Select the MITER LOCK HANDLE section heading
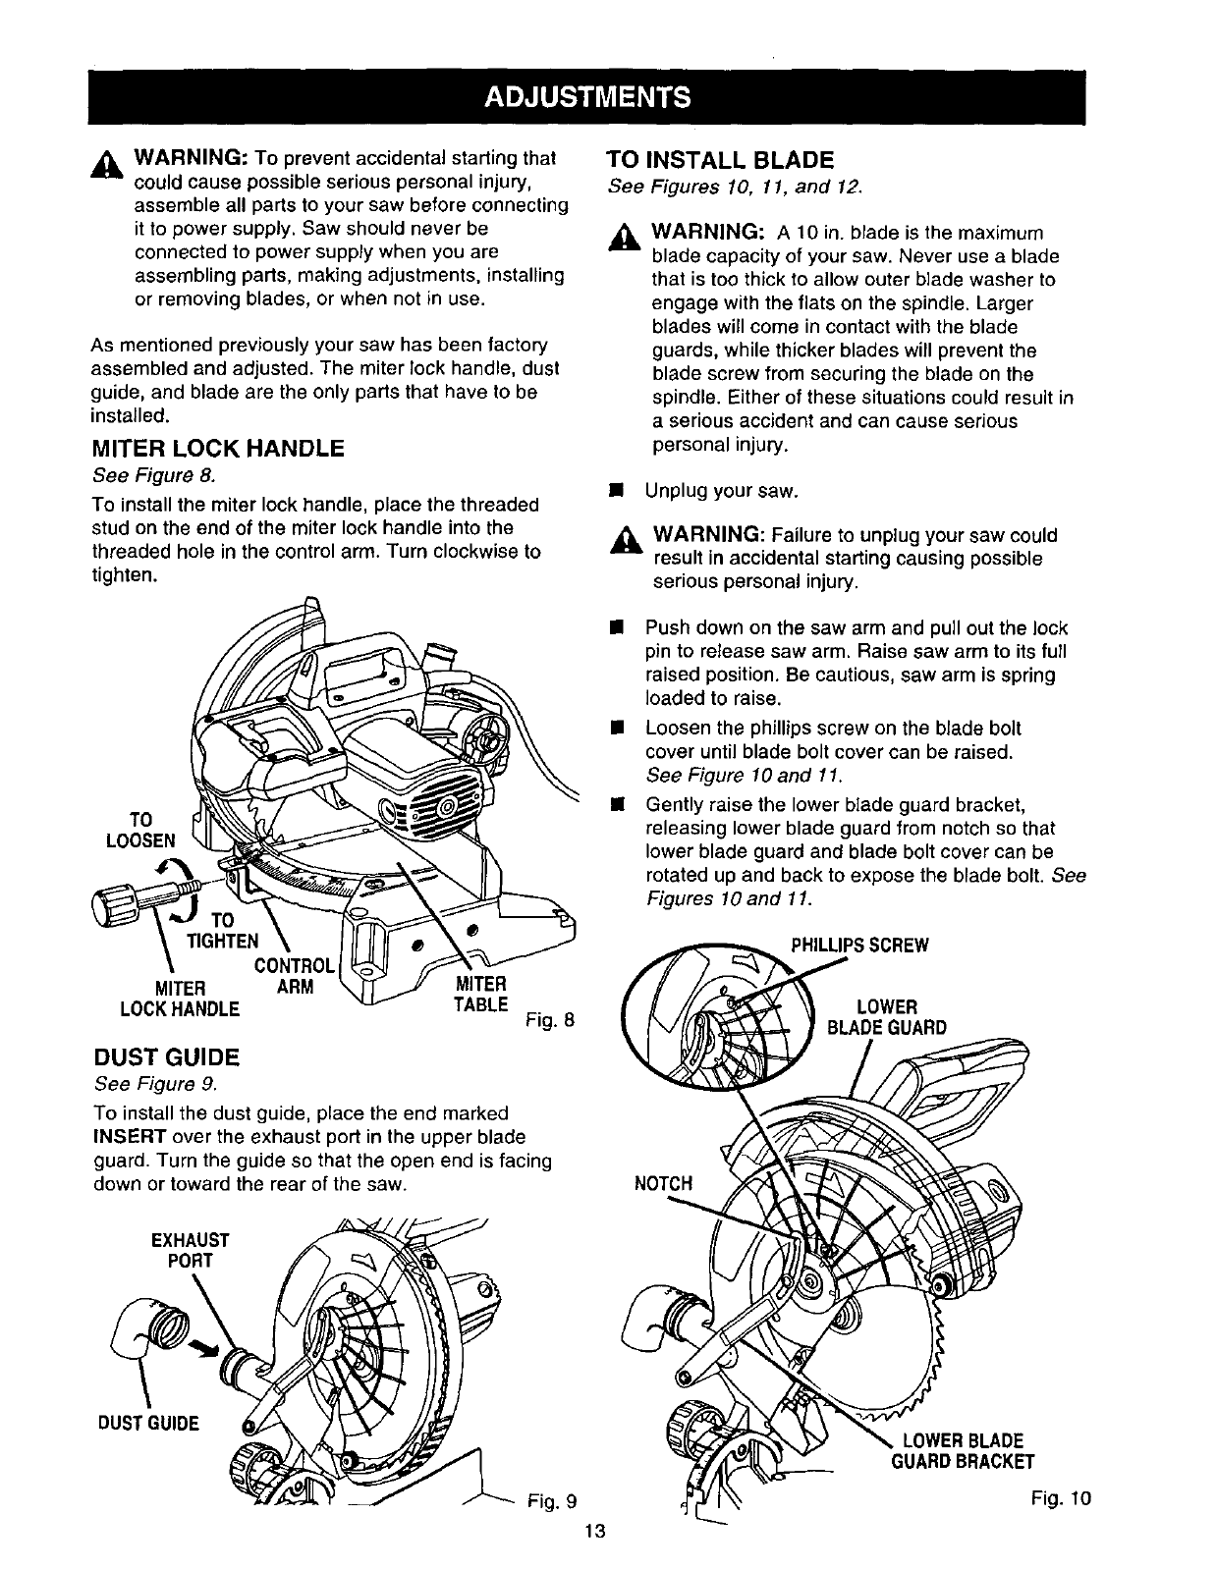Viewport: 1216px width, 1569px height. (217, 450)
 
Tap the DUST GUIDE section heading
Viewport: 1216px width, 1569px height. (166, 1057)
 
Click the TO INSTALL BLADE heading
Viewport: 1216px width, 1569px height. (719, 160)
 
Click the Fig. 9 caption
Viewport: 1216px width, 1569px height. (550, 1501)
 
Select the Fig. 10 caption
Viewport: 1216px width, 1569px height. (1061, 1498)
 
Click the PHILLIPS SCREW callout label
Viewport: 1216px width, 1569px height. (859, 946)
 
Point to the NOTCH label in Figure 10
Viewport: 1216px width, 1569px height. (663, 1183)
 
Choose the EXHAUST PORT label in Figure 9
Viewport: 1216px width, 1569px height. (191, 1249)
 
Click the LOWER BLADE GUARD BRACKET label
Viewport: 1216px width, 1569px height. (963, 1451)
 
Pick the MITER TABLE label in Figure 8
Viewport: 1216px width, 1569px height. (480, 994)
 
